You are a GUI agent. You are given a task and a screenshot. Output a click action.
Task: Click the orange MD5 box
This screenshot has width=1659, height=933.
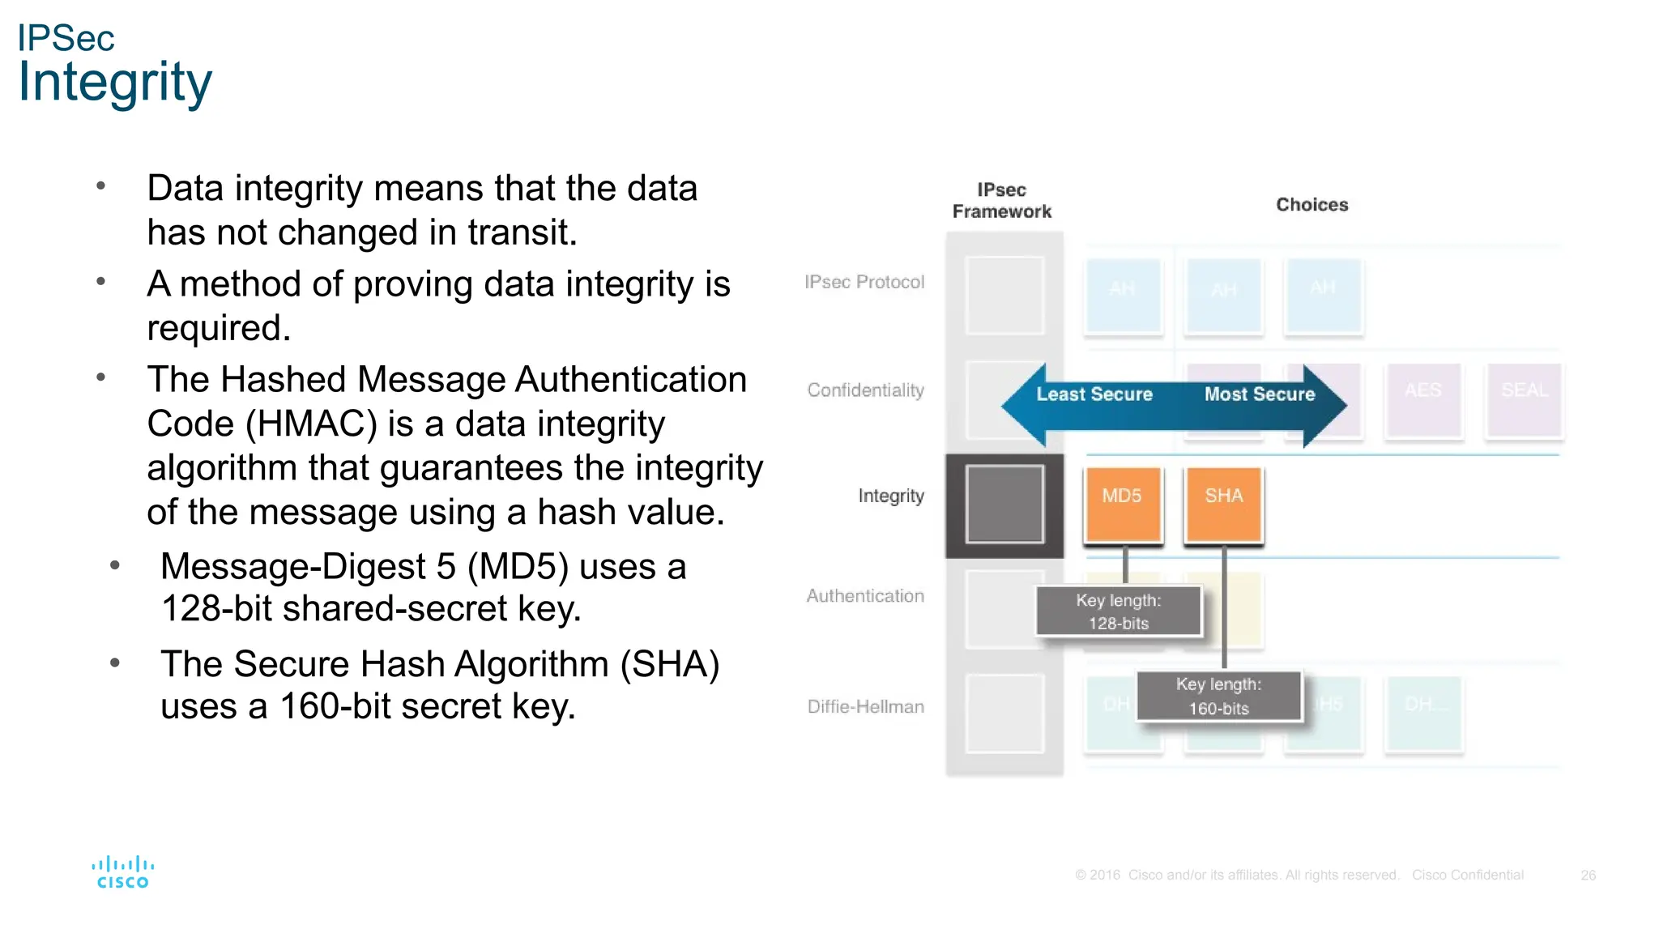[1123, 504]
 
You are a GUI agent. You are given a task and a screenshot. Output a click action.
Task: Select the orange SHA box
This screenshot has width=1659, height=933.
[1223, 504]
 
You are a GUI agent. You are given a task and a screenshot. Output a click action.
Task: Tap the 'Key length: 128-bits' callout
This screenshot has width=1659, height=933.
[1118, 611]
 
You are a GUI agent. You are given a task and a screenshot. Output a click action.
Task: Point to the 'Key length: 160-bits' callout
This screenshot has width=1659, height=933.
[1218, 697]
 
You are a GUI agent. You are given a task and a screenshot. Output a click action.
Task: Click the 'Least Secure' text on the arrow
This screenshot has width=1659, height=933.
[1094, 394]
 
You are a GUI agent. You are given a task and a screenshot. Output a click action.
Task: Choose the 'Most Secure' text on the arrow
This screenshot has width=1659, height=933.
[1260, 394]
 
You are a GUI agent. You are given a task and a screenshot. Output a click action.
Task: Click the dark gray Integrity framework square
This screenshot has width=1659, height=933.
[1004, 504]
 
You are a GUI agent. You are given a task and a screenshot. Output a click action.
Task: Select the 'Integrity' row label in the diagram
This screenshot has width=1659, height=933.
[891, 496]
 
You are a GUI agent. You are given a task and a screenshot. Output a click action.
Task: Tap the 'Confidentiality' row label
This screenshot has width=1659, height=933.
[865, 390]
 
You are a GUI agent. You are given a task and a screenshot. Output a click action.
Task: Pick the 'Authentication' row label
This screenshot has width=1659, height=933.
[865, 596]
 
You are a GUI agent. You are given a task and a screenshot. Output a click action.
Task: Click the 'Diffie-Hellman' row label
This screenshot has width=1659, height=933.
[865, 706]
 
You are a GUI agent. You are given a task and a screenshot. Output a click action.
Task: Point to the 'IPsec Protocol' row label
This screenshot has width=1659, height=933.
[864, 282]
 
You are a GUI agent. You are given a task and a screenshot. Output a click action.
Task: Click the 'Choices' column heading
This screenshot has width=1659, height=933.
[1312, 205]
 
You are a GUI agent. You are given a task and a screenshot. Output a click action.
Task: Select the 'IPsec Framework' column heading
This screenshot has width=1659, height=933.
[1002, 201]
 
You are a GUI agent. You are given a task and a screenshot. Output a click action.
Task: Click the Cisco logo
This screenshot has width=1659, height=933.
[122, 872]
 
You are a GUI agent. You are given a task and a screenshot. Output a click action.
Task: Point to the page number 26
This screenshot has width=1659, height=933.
[1588, 875]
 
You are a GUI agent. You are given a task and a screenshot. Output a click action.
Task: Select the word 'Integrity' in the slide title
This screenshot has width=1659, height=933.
[115, 83]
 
